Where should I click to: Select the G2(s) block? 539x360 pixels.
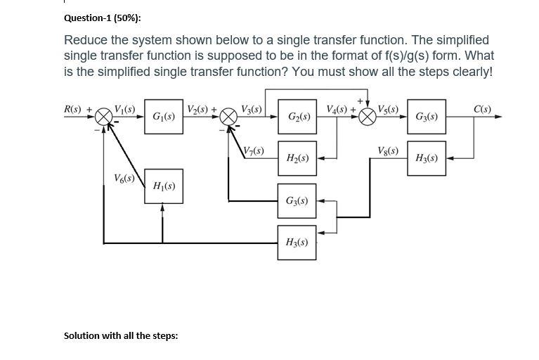(x=296, y=117)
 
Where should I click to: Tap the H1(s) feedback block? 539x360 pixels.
(x=164, y=186)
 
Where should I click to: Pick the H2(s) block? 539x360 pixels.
(x=296, y=158)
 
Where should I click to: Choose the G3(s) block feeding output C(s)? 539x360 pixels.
(x=427, y=117)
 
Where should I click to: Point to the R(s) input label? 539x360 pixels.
(x=72, y=110)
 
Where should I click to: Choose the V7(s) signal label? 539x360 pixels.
(x=252, y=150)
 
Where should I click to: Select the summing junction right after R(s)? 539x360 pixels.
(x=104, y=117)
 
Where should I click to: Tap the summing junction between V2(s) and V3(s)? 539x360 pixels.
(x=230, y=117)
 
